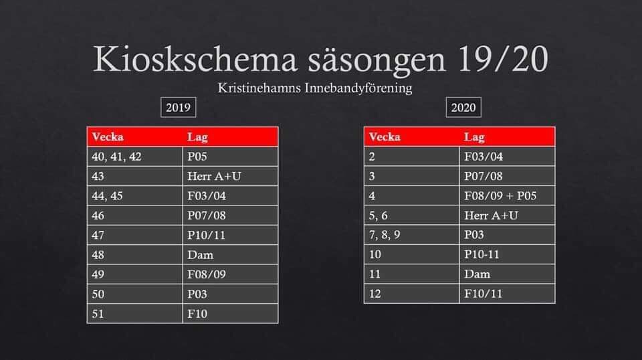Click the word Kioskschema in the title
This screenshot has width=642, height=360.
[x=195, y=60]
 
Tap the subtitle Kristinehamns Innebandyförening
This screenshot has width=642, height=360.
[x=315, y=88]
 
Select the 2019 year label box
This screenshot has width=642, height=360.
[x=178, y=107]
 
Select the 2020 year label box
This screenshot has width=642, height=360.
[x=463, y=107]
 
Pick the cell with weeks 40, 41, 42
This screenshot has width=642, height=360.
[x=134, y=157]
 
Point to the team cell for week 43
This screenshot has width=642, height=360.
[x=230, y=176]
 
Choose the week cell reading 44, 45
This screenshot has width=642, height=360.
[x=134, y=196]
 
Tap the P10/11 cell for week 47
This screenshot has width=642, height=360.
[x=230, y=235]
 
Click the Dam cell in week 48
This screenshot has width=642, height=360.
[x=230, y=255]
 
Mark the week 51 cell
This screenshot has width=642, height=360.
[x=134, y=314]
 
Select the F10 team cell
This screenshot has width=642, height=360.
[x=230, y=314]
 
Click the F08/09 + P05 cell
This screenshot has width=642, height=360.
[x=508, y=196]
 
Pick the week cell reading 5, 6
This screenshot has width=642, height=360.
[x=412, y=215]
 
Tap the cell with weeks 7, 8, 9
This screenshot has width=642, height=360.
[x=412, y=235]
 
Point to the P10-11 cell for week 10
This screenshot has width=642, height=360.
[x=508, y=254]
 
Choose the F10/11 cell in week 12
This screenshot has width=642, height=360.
[x=508, y=294]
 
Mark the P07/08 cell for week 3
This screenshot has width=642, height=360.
[x=508, y=176]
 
